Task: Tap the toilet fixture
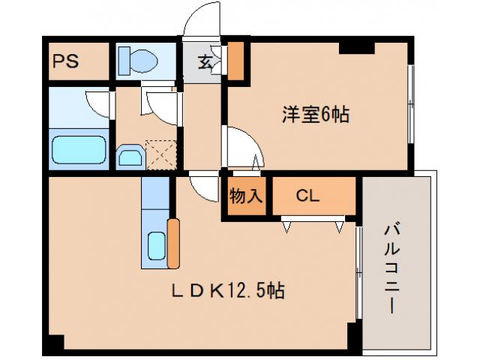(x=139, y=60)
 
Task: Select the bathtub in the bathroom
(x=78, y=149)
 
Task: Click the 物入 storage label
(x=245, y=196)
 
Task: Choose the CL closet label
(x=308, y=196)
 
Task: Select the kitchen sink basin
(x=156, y=245)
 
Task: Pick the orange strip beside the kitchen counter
(x=173, y=243)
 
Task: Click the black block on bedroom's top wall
(x=355, y=47)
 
